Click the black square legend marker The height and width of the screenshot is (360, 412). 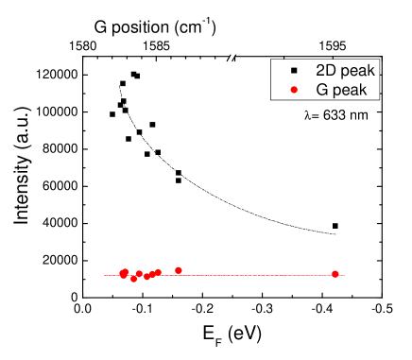[294, 70]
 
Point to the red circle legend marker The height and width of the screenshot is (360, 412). [294, 90]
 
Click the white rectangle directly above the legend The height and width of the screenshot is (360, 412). [244, 39]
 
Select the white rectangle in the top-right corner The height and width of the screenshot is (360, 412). [384, 35]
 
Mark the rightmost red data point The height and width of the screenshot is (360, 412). [335, 274]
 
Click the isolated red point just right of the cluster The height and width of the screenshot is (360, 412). [179, 270]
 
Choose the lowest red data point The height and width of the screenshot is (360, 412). [133, 280]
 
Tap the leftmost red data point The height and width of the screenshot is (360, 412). [122, 274]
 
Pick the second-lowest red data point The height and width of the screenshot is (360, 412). [146, 278]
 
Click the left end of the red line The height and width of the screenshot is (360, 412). [105, 276]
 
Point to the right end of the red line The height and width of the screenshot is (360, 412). [344, 276]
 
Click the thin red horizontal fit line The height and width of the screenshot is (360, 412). [246, 276]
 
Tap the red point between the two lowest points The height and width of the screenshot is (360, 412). [139, 274]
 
